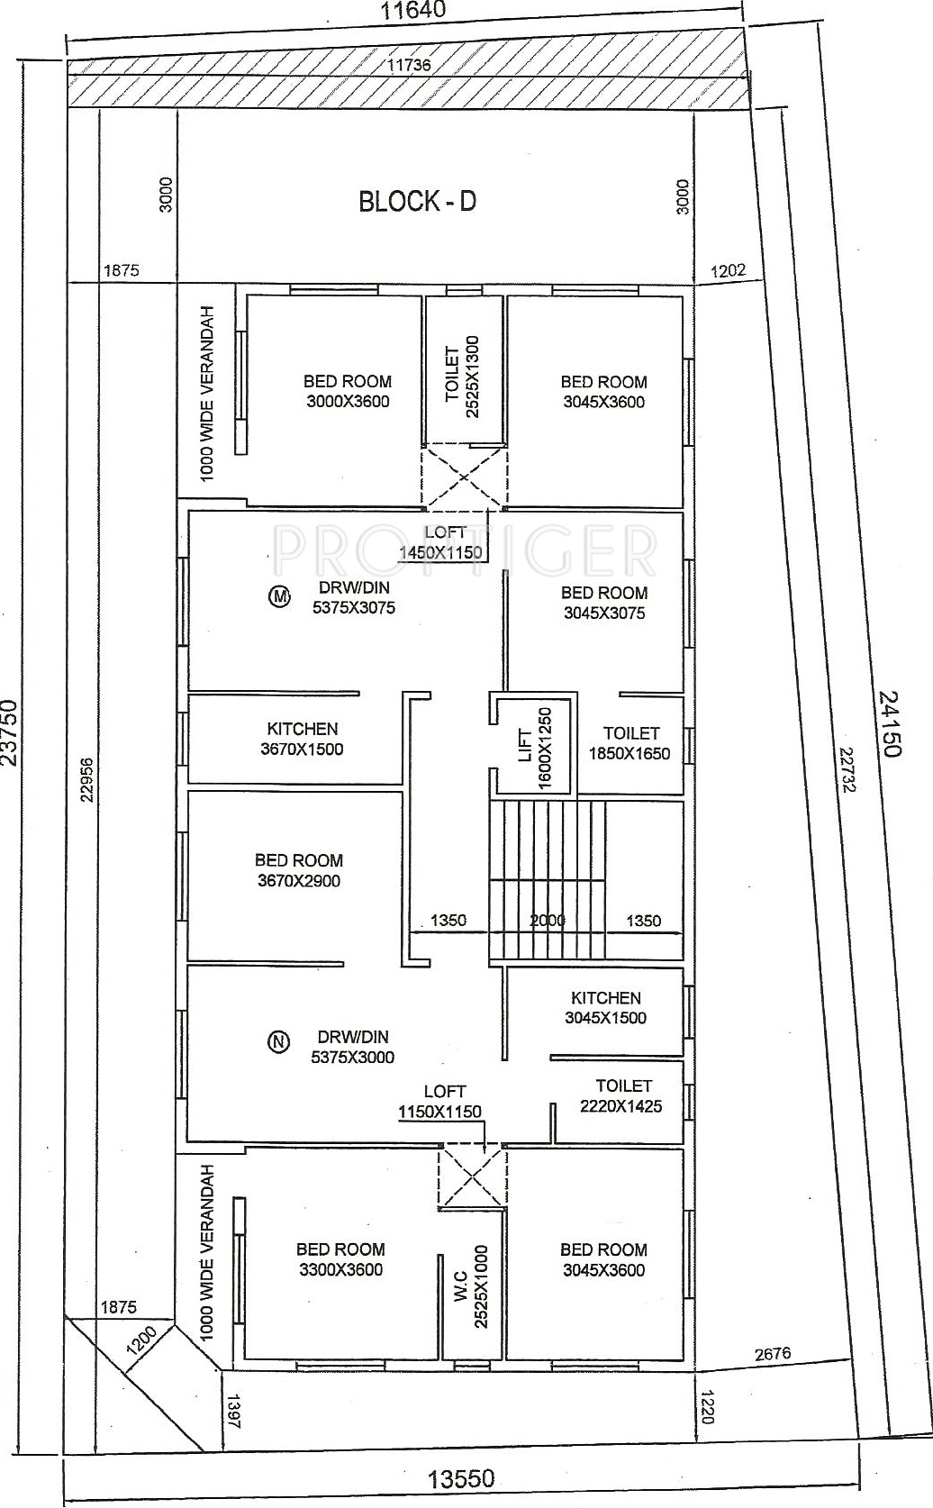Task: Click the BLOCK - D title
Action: pos(417,201)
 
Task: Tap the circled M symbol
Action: pos(279,595)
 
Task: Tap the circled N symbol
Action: pos(278,1041)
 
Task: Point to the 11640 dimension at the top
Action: pos(413,11)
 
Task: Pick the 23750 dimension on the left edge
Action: pos(9,731)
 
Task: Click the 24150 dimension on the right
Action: pos(890,723)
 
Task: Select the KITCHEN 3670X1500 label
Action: pos(303,739)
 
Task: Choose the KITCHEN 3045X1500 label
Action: pos(606,1008)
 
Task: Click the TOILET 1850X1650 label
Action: pos(630,742)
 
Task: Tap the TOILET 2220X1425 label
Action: pos(622,1095)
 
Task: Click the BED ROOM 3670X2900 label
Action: pos(299,870)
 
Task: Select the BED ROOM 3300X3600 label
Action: pos(340,1258)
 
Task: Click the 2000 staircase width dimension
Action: pos(548,920)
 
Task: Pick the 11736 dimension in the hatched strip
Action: pos(409,65)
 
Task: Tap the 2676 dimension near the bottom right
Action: pos(772,1352)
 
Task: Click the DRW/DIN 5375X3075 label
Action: pos(354,598)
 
